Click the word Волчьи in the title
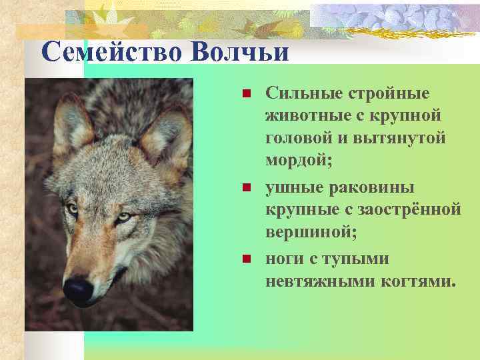(239, 52)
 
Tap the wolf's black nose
(77, 289)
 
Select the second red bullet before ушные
(245, 189)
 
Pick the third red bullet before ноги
(245, 258)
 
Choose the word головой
(300, 137)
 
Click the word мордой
(297, 161)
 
